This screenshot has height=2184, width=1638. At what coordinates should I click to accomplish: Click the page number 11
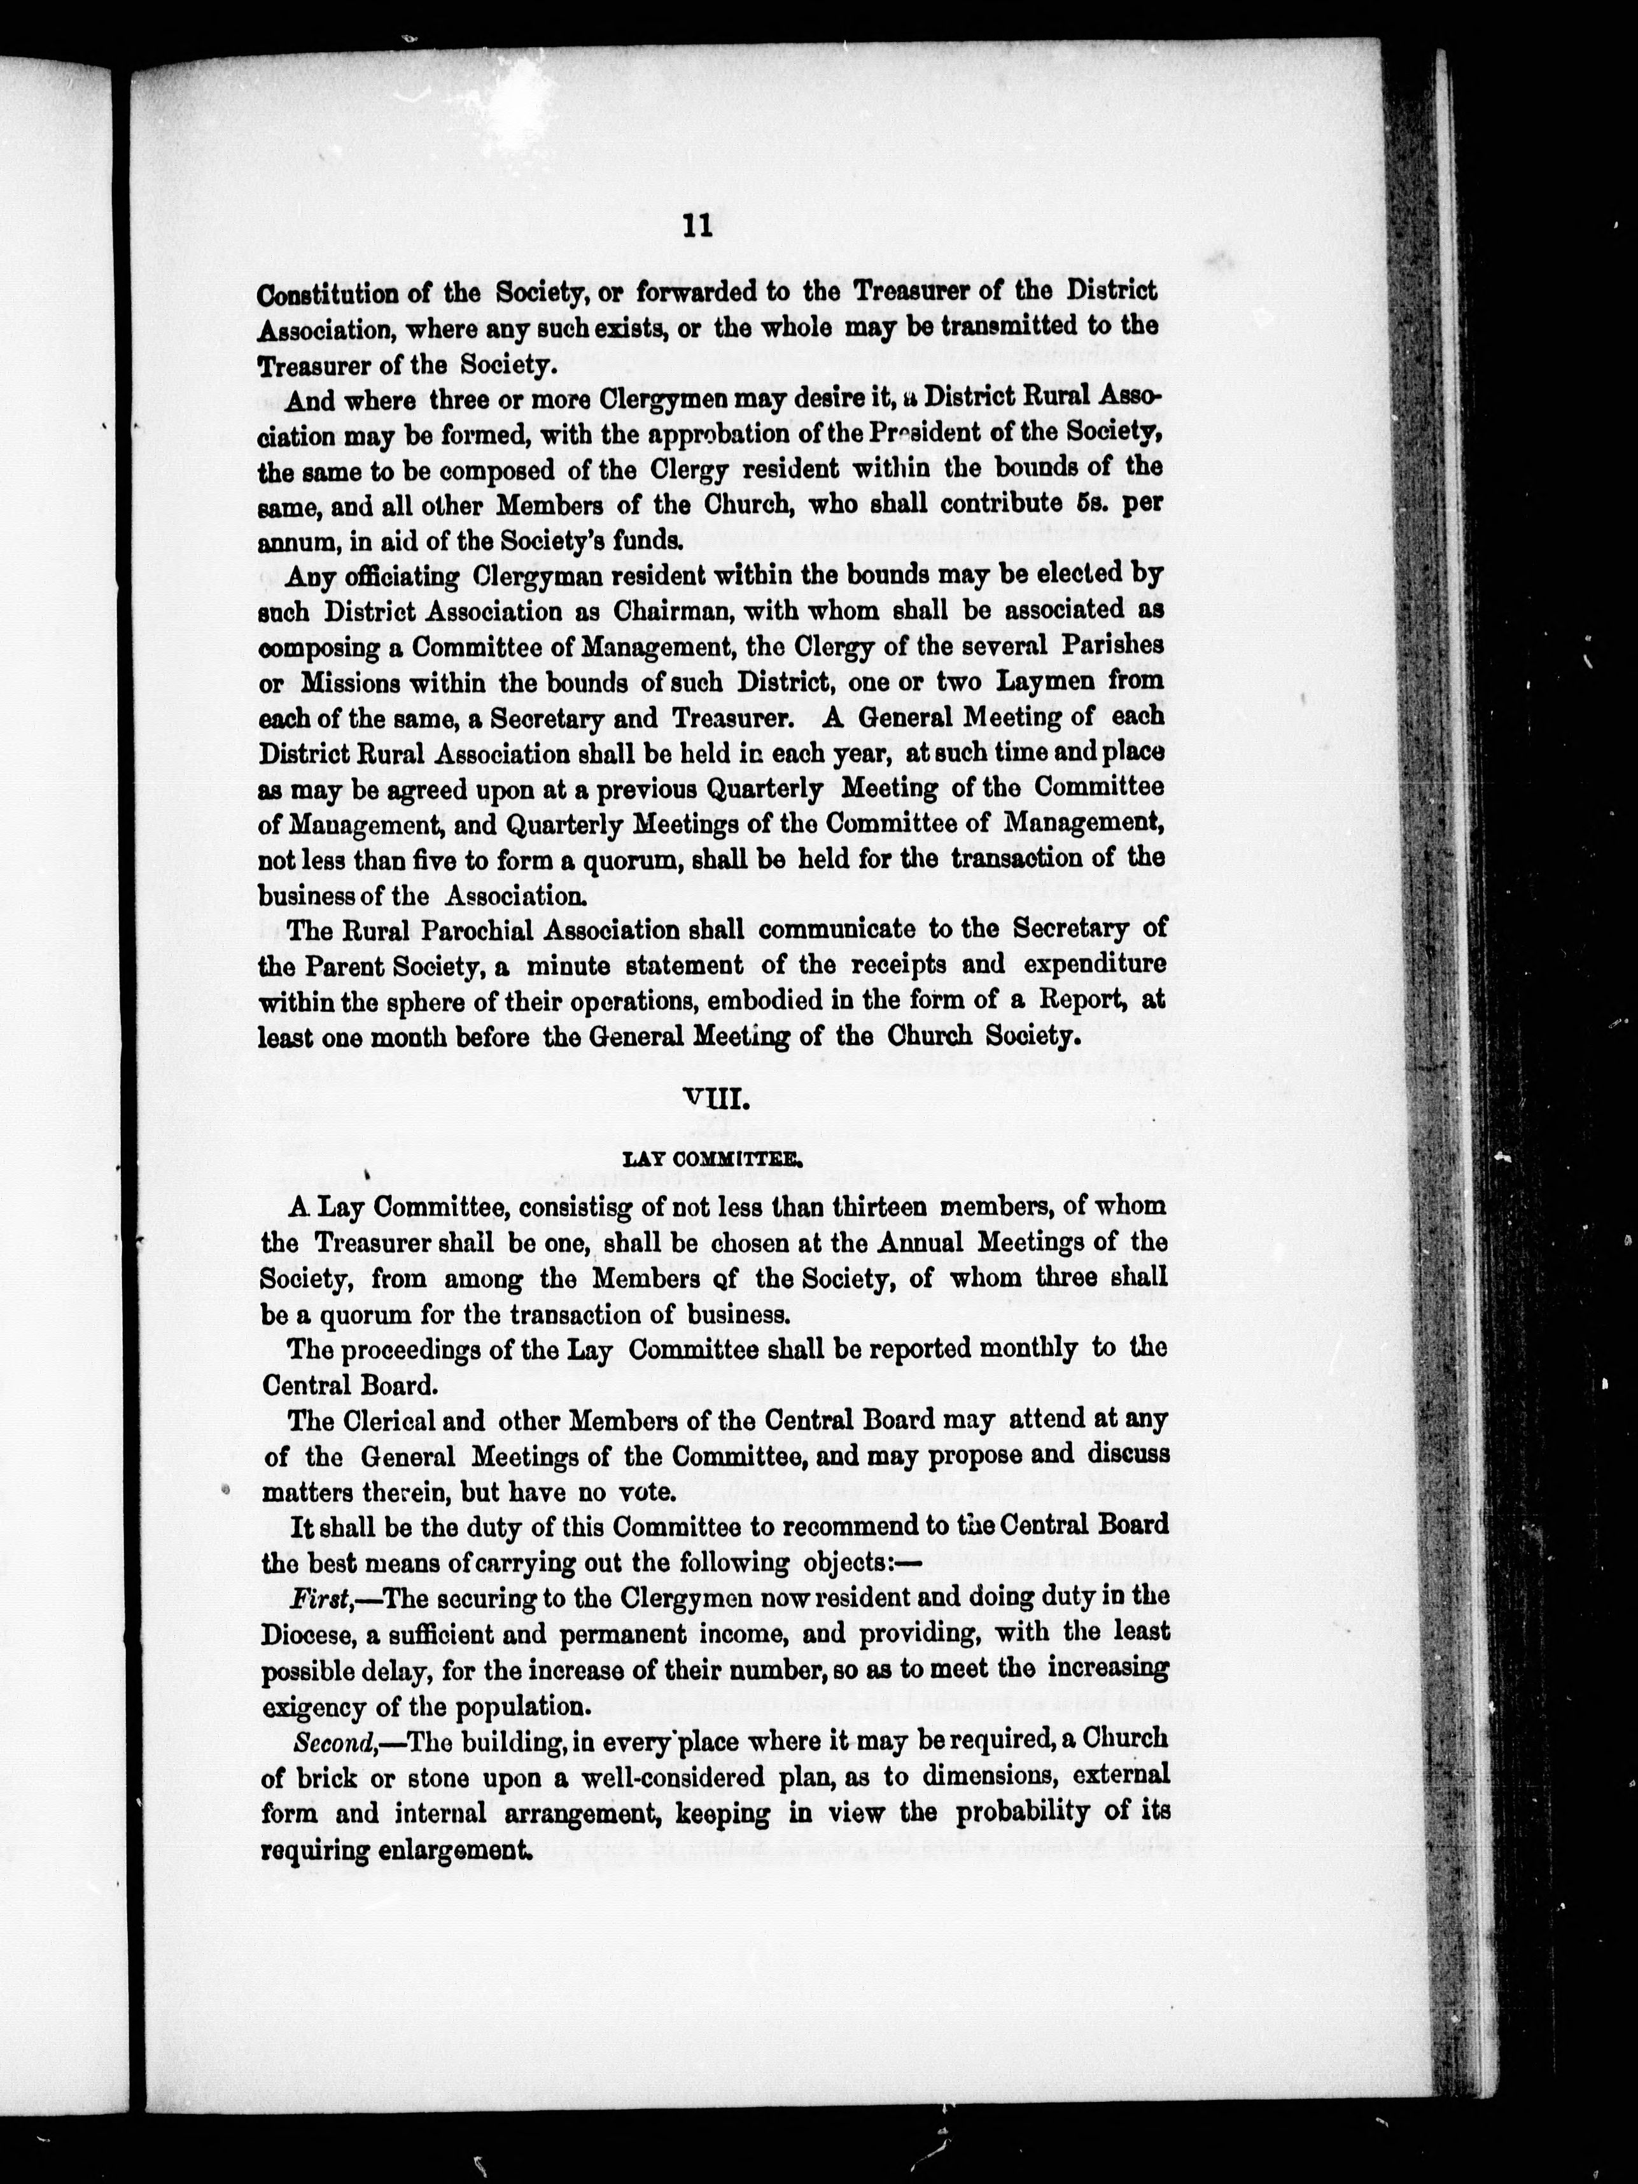pyautogui.click(x=696, y=225)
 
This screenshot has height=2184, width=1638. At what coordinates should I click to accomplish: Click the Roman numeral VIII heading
pyautogui.click(x=712, y=1100)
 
